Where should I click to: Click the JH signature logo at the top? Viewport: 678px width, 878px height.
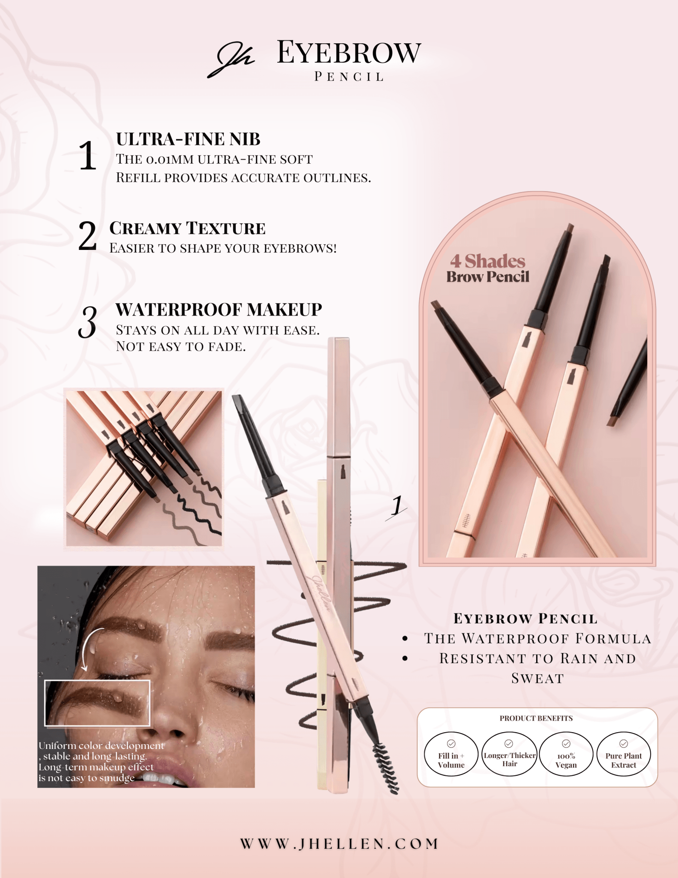coord(231,61)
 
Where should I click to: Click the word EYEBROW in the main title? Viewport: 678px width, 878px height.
coord(349,52)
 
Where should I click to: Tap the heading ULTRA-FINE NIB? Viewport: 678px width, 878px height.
coord(188,139)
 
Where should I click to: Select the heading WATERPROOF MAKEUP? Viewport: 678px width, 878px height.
coord(219,310)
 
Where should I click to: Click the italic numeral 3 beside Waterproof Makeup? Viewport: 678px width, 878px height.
coord(88,322)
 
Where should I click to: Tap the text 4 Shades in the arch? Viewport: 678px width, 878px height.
coord(487,261)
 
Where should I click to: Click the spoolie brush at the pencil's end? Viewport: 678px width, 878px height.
coord(384,768)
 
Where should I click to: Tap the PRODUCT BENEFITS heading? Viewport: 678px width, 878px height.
coord(536,718)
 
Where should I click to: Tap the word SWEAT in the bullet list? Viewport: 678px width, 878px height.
coord(537,678)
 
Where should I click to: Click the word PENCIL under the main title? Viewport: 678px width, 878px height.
coord(349,77)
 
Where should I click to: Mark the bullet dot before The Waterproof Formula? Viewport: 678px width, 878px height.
coord(405,639)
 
